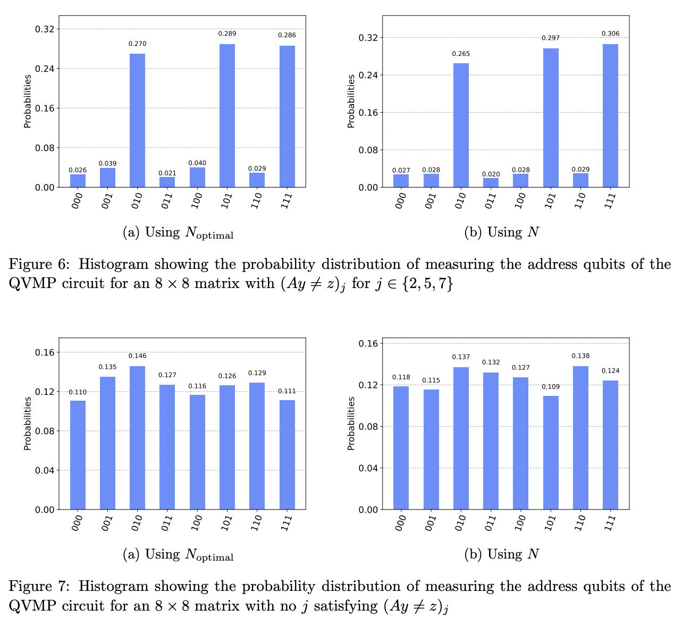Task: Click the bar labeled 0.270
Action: (x=137, y=120)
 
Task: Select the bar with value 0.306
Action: (x=610, y=115)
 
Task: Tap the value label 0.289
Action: (x=227, y=33)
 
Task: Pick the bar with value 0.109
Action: (x=550, y=452)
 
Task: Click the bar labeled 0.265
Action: (x=461, y=125)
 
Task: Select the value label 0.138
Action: (x=580, y=356)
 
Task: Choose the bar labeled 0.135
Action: (x=107, y=443)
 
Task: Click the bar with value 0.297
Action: (x=551, y=117)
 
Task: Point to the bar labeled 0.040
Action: (x=197, y=177)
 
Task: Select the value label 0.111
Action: (x=287, y=391)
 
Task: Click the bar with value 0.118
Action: (x=401, y=447)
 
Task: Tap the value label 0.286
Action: (x=287, y=35)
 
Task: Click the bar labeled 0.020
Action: (x=491, y=182)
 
